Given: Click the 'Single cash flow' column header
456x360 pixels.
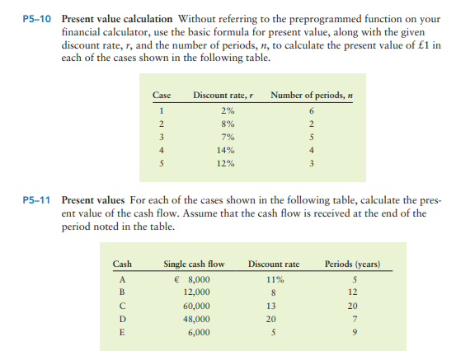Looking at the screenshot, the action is point(194,264).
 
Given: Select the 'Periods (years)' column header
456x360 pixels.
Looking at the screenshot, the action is point(351,264).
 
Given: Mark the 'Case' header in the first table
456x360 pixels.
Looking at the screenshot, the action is point(162,96).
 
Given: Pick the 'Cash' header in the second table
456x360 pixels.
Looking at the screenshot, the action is point(121,264).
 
